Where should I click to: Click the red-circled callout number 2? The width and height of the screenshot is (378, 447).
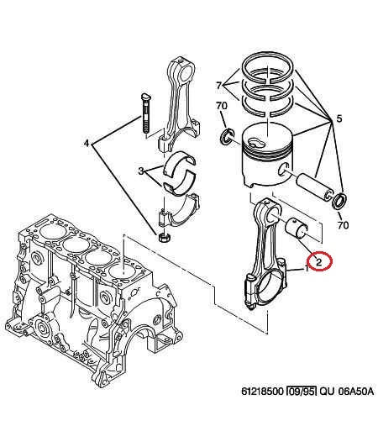[x=318, y=261]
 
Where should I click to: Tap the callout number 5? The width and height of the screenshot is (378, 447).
[x=339, y=118]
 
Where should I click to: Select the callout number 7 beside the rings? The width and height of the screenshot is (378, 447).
[x=218, y=85]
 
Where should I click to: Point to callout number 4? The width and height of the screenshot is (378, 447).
[x=87, y=143]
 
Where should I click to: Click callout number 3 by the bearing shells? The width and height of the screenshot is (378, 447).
[x=140, y=171]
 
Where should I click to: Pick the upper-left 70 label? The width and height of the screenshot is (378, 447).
[x=222, y=106]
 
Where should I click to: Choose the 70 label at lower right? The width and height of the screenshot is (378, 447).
[x=343, y=225]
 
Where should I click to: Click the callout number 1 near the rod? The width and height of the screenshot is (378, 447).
[x=307, y=268]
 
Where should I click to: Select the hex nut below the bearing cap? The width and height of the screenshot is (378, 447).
[x=164, y=237]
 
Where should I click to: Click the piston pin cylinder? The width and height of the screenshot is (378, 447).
[x=315, y=187]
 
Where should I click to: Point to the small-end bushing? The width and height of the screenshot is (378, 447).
[x=296, y=227]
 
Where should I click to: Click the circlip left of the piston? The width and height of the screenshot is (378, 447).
[x=227, y=137]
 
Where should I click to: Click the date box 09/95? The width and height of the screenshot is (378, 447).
[x=301, y=392]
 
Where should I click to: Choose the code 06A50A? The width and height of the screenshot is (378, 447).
[x=355, y=392]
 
